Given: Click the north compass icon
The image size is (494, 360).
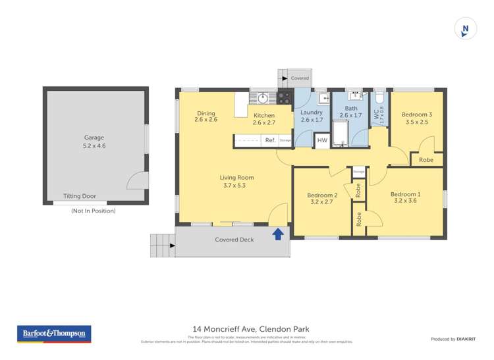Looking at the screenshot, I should click(x=466, y=30).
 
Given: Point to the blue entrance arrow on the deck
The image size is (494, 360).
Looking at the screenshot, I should click(x=278, y=233).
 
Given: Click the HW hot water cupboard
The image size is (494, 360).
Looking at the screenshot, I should click(x=321, y=140).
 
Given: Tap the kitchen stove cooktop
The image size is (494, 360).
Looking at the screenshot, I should click(x=284, y=97).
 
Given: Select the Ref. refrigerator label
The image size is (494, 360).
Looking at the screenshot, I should click(x=270, y=140).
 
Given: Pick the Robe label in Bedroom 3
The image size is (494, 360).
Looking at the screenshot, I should click(x=426, y=160).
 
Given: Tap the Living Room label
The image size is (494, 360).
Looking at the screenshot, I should click(x=236, y=178).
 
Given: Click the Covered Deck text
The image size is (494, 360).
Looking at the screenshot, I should click(x=234, y=240).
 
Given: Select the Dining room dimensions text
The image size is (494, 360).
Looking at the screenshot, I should click(x=206, y=120).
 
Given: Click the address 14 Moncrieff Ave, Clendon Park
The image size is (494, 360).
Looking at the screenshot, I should click(x=250, y=329).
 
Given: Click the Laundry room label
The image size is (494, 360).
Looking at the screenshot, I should click(x=312, y=113).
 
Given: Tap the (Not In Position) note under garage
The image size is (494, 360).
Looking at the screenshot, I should click(x=93, y=211).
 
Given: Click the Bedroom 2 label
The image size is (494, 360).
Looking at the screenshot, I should click(x=322, y=195).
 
